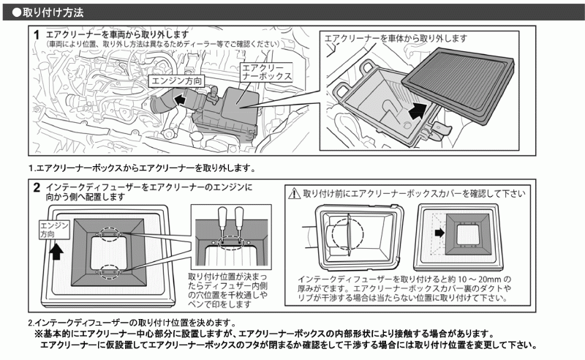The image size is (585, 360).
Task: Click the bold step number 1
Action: tap(37, 35)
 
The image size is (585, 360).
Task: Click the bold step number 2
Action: tap(37, 188)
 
